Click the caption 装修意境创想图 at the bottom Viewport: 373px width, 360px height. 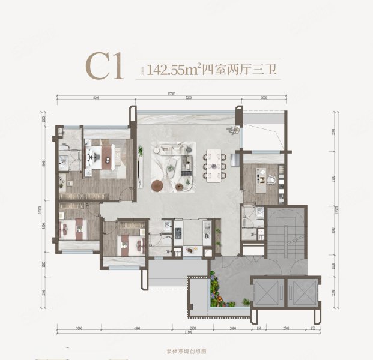click(187, 353)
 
